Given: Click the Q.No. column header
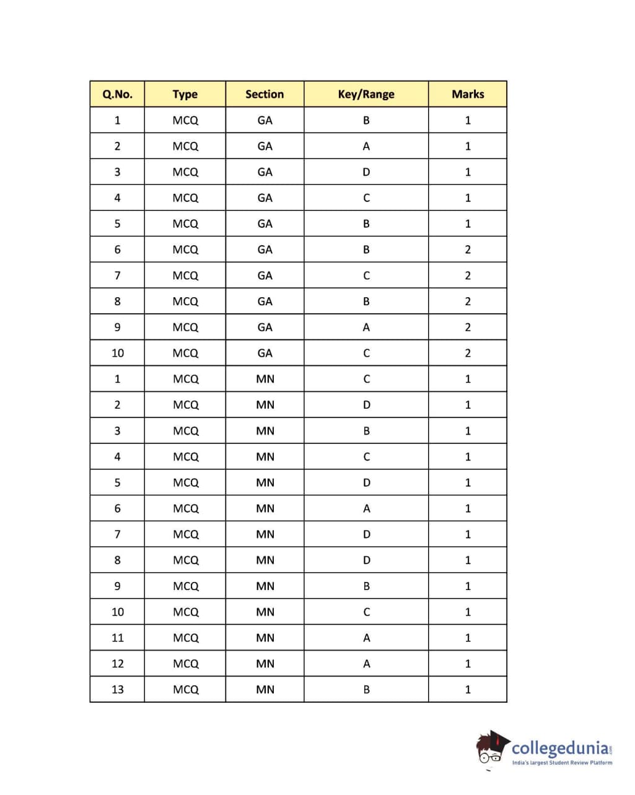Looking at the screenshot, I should [117, 94].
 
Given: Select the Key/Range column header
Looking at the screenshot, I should [366, 94].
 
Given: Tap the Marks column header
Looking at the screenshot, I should [468, 94].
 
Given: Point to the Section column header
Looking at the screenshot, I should [265, 94].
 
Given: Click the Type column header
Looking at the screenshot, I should [185, 94].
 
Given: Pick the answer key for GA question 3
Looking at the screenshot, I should [366, 172].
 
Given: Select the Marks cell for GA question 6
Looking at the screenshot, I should [468, 250].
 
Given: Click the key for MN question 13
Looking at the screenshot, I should [366, 689].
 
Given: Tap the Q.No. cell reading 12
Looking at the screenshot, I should [117, 663].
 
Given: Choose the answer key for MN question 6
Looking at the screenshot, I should [366, 508].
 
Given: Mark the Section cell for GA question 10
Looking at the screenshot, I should [265, 353].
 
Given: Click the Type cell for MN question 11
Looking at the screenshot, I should [185, 638].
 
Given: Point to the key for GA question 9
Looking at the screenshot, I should [366, 327].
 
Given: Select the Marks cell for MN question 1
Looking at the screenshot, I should [468, 379].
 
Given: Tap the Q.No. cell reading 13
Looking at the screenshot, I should [117, 689].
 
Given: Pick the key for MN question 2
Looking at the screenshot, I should [366, 405].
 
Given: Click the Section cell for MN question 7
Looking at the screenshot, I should [265, 534].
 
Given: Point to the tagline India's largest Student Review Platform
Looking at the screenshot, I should [562, 763].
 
